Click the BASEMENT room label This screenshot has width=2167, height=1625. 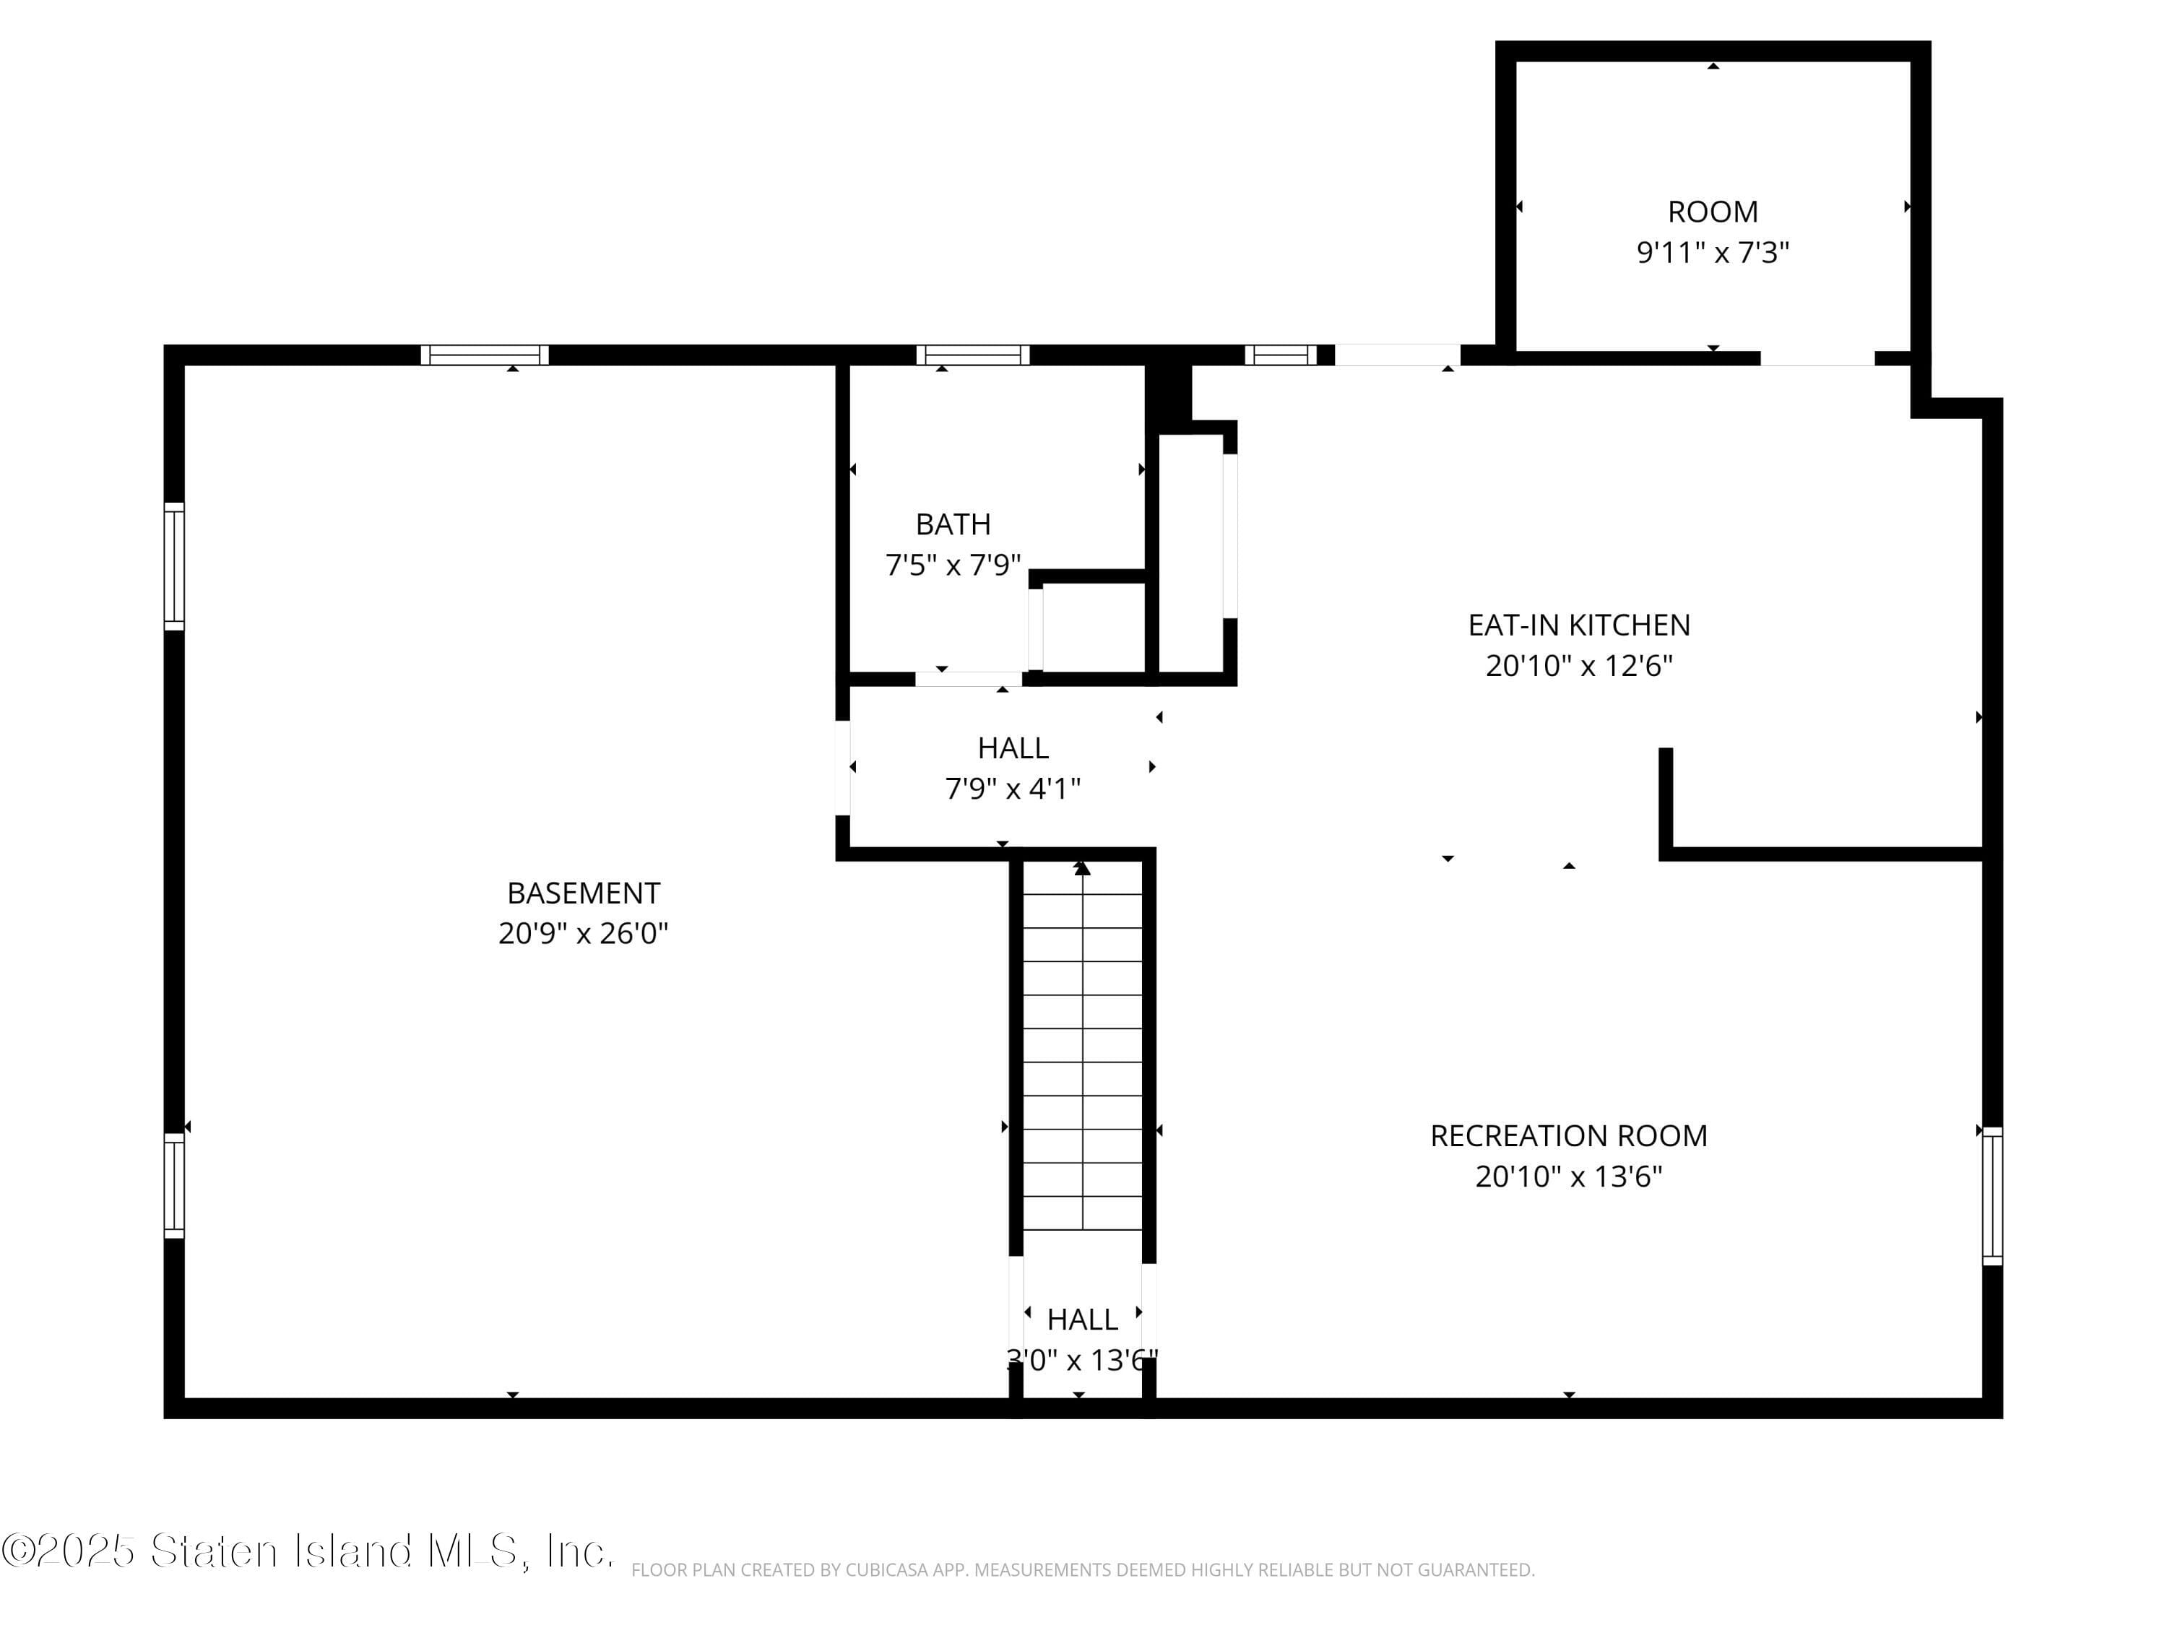[x=583, y=893]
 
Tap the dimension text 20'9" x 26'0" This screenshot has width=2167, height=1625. [x=583, y=933]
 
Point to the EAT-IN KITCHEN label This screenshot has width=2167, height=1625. [x=1578, y=625]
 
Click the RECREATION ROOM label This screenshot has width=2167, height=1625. [x=1568, y=1135]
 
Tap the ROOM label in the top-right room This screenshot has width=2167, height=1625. [x=1713, y=212]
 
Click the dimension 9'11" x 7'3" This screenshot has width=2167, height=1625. [x=1713, y=253]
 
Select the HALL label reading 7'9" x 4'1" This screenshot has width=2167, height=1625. [x=1012, y=748]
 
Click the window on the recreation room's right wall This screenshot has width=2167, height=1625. [x=1991, y=1196]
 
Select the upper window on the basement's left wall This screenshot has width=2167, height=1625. [x=173, y=565]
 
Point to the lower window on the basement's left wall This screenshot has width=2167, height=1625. [x=173, y=1185]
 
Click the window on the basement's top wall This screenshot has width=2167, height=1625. [x=484, y=355]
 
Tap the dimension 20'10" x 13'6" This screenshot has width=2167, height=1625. [x=1568, y=1176]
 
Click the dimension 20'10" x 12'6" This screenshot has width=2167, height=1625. [x=1578, y=666]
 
